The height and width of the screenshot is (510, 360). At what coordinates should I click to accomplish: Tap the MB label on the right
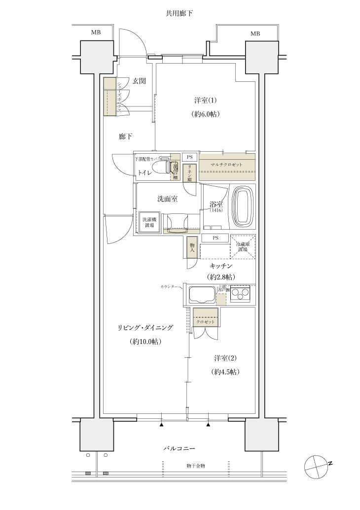point(255,34)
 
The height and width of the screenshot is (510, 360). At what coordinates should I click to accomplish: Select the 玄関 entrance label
point(139,81)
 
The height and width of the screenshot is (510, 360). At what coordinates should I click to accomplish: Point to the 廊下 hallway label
point(126,136)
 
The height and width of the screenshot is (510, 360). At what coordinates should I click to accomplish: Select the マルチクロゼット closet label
point(227,164)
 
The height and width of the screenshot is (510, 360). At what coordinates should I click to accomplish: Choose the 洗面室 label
point(167,199)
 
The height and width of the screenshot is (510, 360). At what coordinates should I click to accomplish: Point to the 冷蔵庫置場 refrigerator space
point(243,246)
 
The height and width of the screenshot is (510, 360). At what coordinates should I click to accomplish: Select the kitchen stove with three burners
point(241,294)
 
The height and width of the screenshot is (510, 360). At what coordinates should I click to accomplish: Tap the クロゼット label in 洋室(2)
point(206,322)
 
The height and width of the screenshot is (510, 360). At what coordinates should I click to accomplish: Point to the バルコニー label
point(180,449)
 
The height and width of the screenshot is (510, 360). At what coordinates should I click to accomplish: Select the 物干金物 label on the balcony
point(196,465)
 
